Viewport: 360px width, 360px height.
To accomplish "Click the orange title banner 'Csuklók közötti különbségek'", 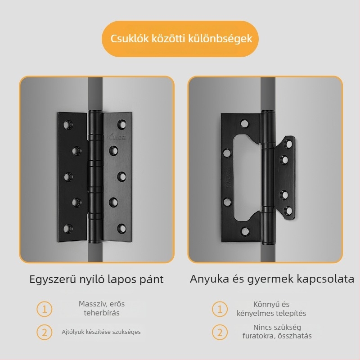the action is (x=180, y=39).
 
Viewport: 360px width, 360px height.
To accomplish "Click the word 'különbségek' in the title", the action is (x=220, y=39).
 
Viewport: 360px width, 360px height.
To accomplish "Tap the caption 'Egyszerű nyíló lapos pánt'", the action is (x=96, y=279).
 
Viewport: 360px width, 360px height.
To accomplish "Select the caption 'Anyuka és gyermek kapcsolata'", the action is (x=272, y=279).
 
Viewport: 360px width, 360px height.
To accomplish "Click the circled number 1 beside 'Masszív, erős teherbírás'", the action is (x=45, y=309).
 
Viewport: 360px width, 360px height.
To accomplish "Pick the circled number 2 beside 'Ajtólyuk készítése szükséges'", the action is (x=45, y=332).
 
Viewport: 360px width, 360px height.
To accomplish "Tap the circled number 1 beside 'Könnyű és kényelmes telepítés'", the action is (x=220, y=309).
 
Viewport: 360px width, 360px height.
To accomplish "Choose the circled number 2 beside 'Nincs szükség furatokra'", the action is (x=220, y=332).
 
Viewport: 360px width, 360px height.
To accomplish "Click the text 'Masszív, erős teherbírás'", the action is (x=102, y=308).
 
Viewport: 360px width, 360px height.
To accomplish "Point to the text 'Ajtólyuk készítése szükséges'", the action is (x=101, y=332).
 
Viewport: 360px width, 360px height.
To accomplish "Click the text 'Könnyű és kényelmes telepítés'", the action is (x=271, y=309).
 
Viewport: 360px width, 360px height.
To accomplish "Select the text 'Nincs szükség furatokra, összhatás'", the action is (x=277, y=332).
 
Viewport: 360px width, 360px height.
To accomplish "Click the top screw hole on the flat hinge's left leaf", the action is (x=68, y=125).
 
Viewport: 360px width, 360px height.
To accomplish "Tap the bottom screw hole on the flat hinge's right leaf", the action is (x=121, y=228).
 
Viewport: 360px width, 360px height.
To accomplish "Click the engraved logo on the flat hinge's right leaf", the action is (x=117, y=138).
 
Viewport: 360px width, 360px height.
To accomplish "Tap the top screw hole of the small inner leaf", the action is (x=288, y=144).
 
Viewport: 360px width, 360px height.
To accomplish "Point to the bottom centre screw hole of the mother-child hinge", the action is (x=245, y=231).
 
